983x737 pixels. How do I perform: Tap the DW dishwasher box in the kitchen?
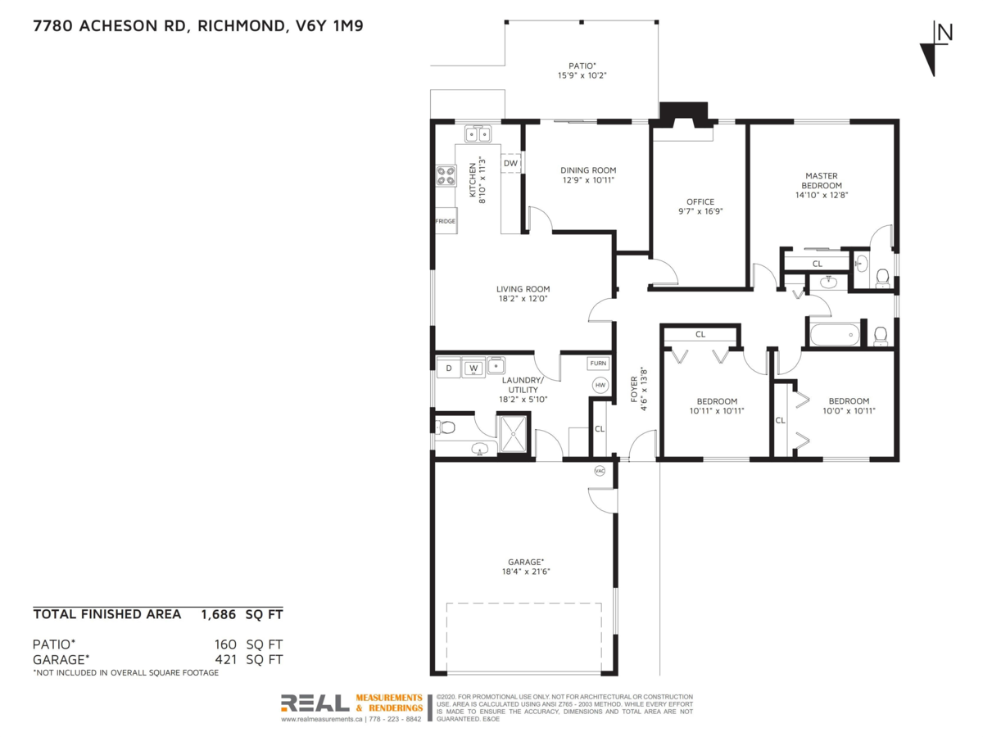[x=510, y=163]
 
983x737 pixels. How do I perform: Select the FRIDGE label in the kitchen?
[x=445, y=221]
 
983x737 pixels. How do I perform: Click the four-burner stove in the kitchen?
[x=446, y=175]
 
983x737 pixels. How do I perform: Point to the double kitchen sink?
[x=477, y=133]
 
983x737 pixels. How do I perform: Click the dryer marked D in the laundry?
[x=448, y=368]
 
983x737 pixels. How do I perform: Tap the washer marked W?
[x=473, y=368]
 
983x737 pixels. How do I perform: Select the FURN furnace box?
[x=598, y=363]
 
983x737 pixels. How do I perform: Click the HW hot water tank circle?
[x=600, y=386]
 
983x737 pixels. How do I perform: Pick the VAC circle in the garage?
[x=600, y=471]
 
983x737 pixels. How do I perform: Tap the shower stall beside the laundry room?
[x=514, y=432]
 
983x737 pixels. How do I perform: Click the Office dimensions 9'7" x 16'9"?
[x=700, y=210]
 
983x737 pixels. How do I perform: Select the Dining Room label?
[x=587, y=170]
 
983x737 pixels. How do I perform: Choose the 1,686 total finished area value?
[x=218, y=613]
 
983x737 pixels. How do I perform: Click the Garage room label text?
[x=525, y=562]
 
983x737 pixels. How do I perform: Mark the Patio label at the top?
[x=582, y=66]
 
